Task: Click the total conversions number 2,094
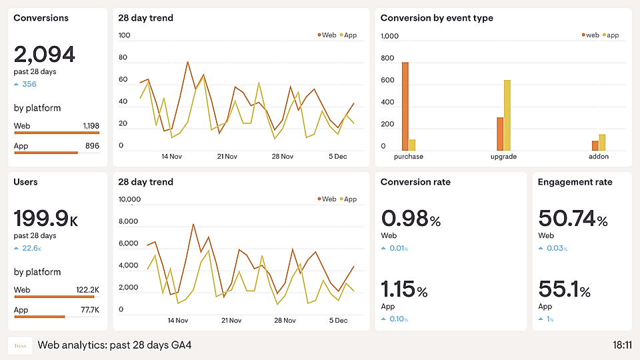click(44, 54)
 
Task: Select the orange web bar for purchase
click(405, 107)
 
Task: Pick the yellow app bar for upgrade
click(507, 115)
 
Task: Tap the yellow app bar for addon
click(602, 143)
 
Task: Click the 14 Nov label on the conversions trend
click(172, 157)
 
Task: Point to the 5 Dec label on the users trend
click(337, 321)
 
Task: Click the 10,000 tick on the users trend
click(129, 199)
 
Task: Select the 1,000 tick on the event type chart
click(389, 35)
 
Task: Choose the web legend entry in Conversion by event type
click(590, 35)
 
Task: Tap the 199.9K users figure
click(45, 218)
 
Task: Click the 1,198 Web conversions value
click(91, 126)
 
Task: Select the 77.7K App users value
click(90, 310)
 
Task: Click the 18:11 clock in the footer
click(622, 345)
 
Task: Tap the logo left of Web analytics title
click(20, 345)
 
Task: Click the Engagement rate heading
click(575, 182)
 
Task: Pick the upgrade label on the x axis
click(503, 157)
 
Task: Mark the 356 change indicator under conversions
click(29, 85)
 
